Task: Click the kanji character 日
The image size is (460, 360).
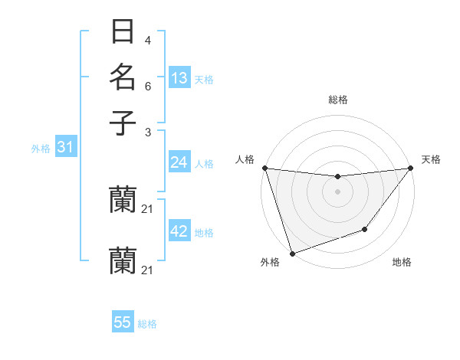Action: pyautogui.click(x=123, y=34)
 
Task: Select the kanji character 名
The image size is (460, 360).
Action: pyautogui.click(x=123, y=77)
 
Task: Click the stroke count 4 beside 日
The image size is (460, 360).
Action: pyautogui.click(x=147, y=40)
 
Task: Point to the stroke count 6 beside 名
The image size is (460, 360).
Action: pyautogui.click(x=147, y=86)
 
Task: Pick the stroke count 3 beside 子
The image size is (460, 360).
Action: pyautogui.click(x=147, y=132)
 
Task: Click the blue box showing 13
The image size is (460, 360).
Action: pyautogui.click(x=179, y=78)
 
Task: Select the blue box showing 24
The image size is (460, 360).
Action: pyautogui.click(x=179, y=162)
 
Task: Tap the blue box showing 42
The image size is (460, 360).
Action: pyautogui.click(x=179, y=232)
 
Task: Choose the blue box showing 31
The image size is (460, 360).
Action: pyautogui.click(x=65, y=147)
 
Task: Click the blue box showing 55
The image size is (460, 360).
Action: pyautogui.click(x=123, y=322)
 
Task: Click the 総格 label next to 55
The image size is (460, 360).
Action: pyautogui.click(x=148, y=324)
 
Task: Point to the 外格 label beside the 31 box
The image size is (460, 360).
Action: pyautogui.click(x=41, y=149)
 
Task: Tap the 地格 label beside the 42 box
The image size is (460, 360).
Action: pyautogui.click(x=204, y=233)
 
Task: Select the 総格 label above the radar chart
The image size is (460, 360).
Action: pyautogui.click(x=338, y=100)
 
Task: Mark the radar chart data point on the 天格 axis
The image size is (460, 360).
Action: pyautogui.click(x=411, y=169)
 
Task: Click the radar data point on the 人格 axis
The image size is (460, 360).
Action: pyautogui.click(x=264, y=168)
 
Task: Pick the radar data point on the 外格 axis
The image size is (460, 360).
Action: pyautogui.click(x=292, y=254)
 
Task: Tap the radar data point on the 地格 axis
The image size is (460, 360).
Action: pyautogui.click(x=366, y=229)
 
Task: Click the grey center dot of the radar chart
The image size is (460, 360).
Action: pyautogui.click(x=338, y=191)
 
